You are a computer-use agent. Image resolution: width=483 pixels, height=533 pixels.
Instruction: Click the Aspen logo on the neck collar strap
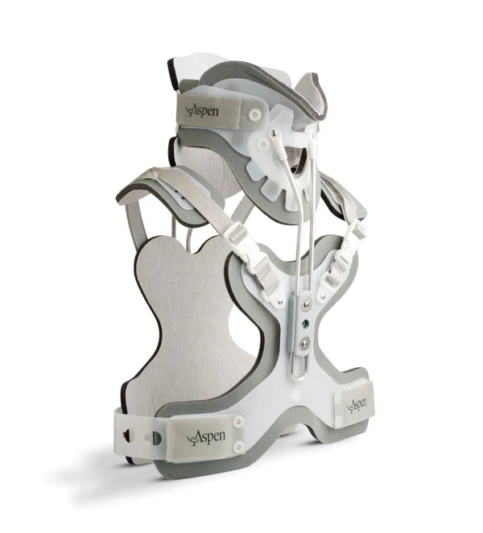click(202, 109)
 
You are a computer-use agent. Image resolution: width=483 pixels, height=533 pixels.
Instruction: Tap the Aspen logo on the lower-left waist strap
click(205, 437)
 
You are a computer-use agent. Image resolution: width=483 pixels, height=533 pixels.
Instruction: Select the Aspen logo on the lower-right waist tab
click(357, 404)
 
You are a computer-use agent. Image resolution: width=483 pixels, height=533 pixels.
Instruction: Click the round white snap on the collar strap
click(254, 114)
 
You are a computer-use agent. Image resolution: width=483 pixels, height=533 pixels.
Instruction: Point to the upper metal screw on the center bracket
click(306, 301)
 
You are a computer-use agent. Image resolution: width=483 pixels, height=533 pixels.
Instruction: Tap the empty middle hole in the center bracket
click(306, 321)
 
